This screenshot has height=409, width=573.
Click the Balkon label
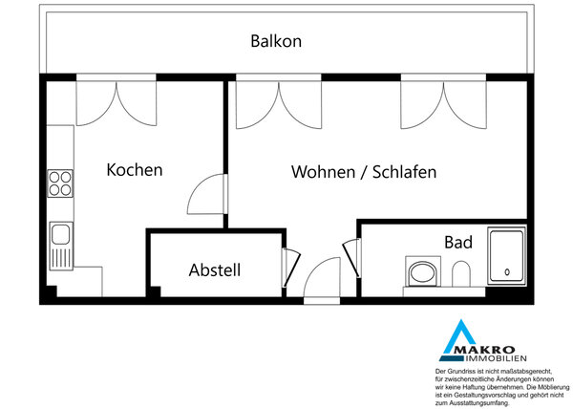pyautogui.click(x=276, y=41)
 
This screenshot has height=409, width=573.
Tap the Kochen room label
pyautogui.click(x=135, y=170)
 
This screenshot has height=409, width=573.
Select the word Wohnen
pyautogui.click(x=323, y=172)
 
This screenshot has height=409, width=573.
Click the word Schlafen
pyautogui.click(x=404, y=172)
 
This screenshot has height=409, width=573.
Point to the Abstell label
pyautogui.click(x=215, y=270)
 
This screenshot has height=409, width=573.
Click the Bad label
pyautogui.click(x=458, y=242)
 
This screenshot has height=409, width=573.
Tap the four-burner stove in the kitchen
pyautogui.click(x=60, y=183)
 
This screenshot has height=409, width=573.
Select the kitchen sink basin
pyautogui.click(x=61, y=234)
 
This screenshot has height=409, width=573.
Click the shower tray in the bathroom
pyautogui.click(x=507, y=256)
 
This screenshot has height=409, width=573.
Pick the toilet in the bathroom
pyautogui.click(x=461, y=273)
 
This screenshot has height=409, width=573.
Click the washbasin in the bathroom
pyautogui.click(x=423, y=271)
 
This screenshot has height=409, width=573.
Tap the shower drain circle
pyautogui.click(x=507, y=272)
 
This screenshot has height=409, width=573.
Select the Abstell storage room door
pyautogui.click(x=291, y=268)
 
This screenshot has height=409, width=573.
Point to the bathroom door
pyautogui.click(x=351, y=258)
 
